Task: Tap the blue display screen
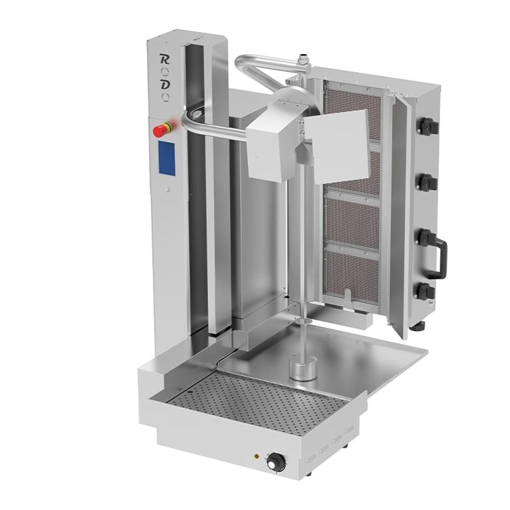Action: pos(166,158)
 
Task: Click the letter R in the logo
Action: pos(165,57)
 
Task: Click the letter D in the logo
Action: pos(165,85)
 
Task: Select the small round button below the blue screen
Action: pos(167,189)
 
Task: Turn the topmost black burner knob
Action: pos(427,126)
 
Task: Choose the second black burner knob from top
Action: pos(427,182)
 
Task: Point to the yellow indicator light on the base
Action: pos(257,456)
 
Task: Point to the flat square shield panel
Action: pos(339,145)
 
